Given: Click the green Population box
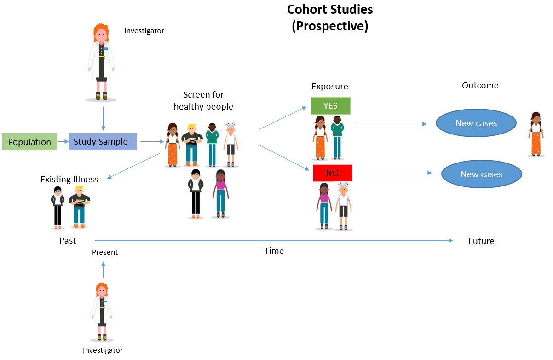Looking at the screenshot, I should tap(29, 142).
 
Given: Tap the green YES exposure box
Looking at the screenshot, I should tap(330, 105).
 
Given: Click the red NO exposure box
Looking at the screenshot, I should tap(332, 173).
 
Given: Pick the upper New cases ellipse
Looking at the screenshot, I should tap(476, 123).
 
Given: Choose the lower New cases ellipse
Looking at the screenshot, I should tap(481, 174).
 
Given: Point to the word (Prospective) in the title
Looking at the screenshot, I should tap(330, 26).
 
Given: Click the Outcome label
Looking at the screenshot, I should tap(480, 86).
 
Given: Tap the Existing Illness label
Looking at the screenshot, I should tap(69, 180).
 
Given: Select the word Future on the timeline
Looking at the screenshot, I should tap(481, 241).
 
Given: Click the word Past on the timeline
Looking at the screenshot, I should tap(68, 241).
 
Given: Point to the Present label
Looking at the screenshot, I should tap(105, 252).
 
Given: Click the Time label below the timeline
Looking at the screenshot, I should tap(274, 251).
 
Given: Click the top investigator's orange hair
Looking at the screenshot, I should tap(101, 32).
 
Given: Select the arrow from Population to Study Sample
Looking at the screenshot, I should tap(63, 142).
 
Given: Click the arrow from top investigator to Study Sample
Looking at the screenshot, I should tap(103, 118).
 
